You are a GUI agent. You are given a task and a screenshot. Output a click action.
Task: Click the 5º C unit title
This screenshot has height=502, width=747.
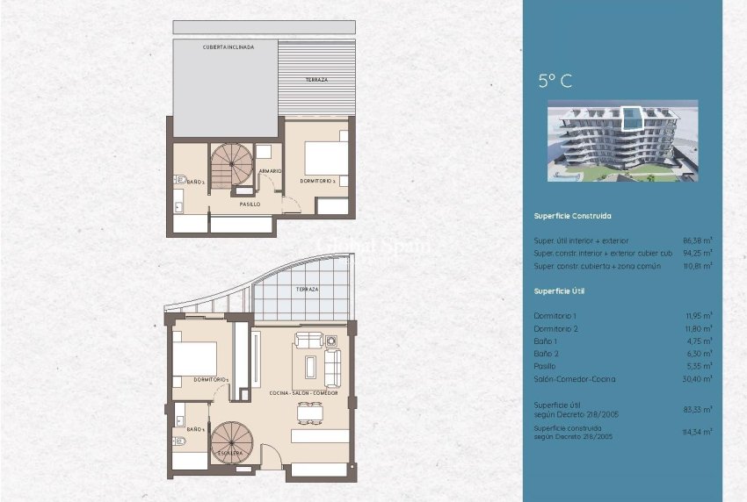tap(555, 82)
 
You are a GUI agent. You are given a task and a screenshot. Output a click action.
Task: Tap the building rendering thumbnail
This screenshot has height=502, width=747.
tap(622, 140)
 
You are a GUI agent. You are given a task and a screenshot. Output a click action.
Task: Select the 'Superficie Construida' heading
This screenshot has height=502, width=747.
tap(572, 216)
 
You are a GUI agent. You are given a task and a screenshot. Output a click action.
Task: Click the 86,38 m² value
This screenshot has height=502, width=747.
tap(698, 240)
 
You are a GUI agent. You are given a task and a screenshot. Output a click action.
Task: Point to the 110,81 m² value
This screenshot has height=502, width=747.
tap(698, 265)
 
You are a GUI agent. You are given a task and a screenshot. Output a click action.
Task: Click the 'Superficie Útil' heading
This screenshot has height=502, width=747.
tap(559, 290)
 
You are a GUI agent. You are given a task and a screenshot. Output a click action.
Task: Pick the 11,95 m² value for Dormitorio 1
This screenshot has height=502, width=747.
tap(699, 315)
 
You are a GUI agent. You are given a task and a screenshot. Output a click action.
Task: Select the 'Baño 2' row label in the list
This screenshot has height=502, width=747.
tap(546, 354)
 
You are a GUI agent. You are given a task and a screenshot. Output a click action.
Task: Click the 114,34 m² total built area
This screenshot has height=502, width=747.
tap(698, 431)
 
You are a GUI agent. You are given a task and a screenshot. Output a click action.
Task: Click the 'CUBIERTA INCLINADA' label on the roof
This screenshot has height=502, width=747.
tap(228, 47)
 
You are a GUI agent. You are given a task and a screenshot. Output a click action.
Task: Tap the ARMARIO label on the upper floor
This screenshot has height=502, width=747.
tap(270, 170)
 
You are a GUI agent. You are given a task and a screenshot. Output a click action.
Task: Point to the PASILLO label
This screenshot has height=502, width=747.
tap(250, 204)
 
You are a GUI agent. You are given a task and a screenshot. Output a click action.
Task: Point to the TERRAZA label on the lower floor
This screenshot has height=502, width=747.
tap(307, 289)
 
